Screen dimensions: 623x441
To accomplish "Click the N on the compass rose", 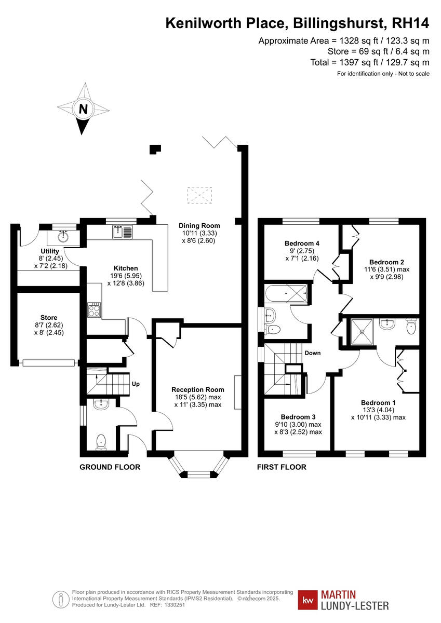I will pos(83,110).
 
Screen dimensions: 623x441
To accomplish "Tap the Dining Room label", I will pos(199,226).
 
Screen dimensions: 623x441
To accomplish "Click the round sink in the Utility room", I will pos(63,237).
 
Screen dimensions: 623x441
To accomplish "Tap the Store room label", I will pos(49,317).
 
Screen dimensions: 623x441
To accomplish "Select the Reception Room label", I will pos(197,389).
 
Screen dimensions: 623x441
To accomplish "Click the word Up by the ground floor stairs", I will pos(137,384).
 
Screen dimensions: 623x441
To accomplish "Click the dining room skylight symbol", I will pos(199,195).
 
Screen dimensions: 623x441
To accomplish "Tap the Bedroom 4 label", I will pos(302,243).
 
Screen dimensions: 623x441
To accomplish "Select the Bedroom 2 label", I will pos(386,262).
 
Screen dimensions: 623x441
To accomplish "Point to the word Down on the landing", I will pos(313,353).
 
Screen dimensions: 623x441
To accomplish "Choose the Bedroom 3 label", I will pos(298,417).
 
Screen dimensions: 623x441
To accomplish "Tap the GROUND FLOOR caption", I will pos(110,467).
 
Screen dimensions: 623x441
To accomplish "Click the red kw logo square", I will pos(308,599).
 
